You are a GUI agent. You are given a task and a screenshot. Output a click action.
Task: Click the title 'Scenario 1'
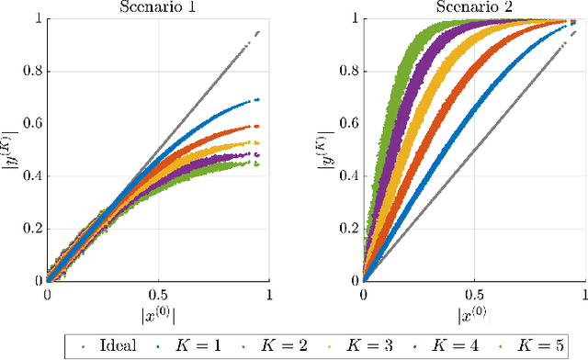pyautogui.click(x=158, y=7)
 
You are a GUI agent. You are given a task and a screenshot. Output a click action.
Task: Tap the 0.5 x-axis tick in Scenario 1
pyautogui.click(x=158, y=296)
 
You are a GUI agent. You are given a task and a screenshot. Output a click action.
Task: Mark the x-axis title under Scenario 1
pyautogui.click(x=158, y=315)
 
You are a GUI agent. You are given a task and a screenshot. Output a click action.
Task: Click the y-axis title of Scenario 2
pyautogui.click(x=329, y=150)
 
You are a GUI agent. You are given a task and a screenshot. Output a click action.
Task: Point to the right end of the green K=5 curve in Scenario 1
pyautogui.click(x=255, y=164)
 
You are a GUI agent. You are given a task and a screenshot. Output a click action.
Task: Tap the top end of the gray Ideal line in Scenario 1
pyautogui.click(x=257, y=31)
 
